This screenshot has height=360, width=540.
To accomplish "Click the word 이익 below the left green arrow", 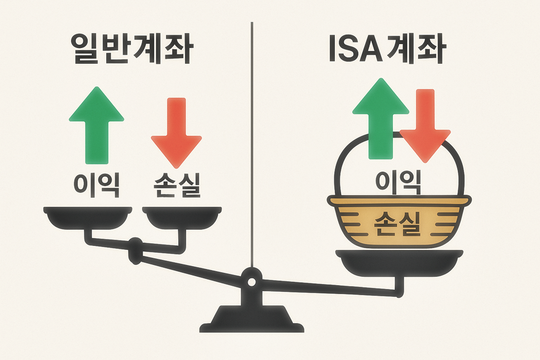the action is (x=96, y=185).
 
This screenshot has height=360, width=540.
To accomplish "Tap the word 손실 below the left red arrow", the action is (x=176, y=185).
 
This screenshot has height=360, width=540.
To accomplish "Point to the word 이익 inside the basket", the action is (x=397, y=181).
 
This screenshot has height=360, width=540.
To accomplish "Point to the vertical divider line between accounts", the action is (x=252, y=140).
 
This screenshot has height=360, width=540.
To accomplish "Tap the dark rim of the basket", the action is (x=397, y=201).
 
